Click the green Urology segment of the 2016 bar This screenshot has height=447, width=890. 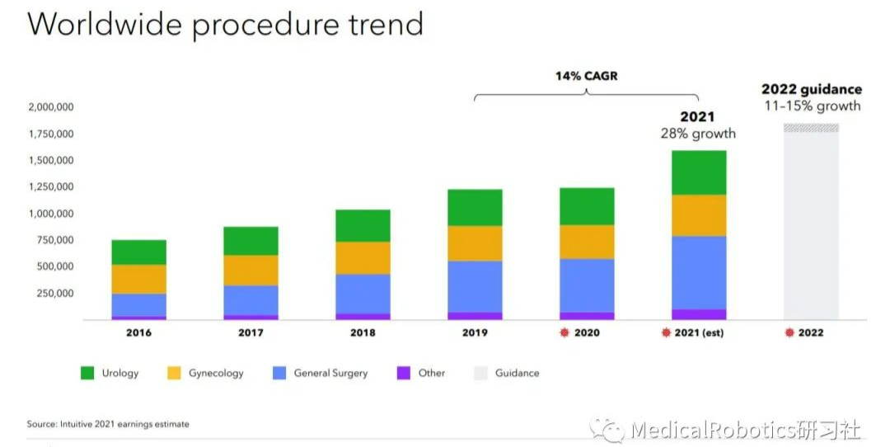(x=138, y=252)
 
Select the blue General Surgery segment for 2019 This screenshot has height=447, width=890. (x=475, y=286)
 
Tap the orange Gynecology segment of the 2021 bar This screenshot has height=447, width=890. (x=699, y=215)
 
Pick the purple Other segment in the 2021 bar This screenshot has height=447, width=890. (x=699, y=314)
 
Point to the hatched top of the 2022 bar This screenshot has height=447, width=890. (x=811, y=128)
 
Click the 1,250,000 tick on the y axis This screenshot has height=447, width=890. (x=51, y=187)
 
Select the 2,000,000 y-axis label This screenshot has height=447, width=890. (x=51, y=107)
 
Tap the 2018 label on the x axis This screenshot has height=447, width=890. (x=363, y=333)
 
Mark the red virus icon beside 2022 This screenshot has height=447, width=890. (x=789, y=333)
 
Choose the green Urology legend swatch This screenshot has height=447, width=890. (x=87, y=373)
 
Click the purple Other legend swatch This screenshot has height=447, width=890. (x=404, y=373)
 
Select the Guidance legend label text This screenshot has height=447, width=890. (x=517, y=373)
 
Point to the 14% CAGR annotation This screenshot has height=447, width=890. (x=586, y=76)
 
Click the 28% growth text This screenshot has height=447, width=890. (x=698, y=134)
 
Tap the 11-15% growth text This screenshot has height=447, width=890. (x=812, y=106)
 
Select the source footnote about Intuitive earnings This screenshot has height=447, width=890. (x=108, y=424)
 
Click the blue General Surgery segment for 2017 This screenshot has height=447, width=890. (x=251, y=300)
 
